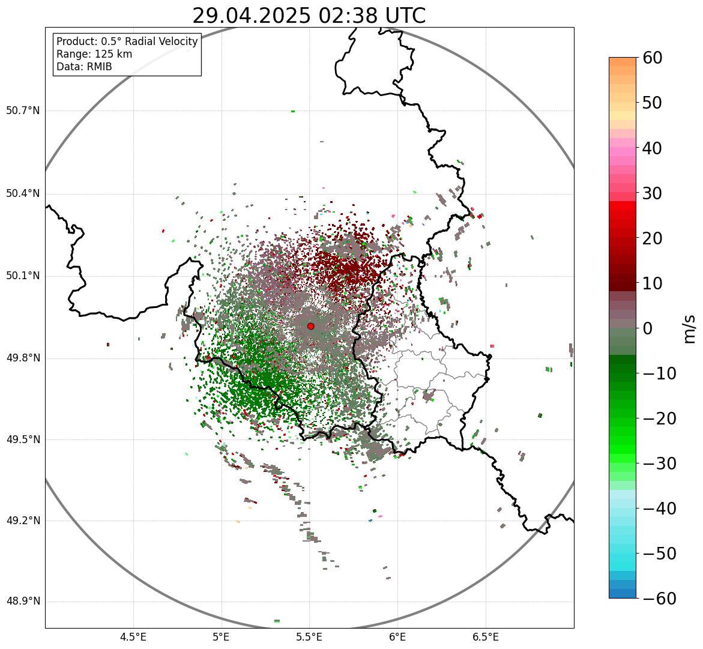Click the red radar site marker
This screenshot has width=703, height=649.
310,326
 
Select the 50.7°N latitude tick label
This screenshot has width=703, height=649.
23,110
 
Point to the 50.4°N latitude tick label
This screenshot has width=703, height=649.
23,193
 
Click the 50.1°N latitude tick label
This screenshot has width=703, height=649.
23,276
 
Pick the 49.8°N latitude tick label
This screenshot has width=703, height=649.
23,358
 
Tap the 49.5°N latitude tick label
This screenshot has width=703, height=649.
23,439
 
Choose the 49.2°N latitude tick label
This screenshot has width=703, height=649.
23,521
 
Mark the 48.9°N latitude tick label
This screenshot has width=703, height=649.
23,602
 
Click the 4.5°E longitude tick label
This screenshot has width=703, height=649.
133,637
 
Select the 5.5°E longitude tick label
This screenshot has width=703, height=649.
309,637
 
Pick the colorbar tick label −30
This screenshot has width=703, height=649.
659,463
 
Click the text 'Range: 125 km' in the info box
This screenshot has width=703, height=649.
94,54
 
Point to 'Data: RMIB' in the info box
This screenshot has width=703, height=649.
84,67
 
